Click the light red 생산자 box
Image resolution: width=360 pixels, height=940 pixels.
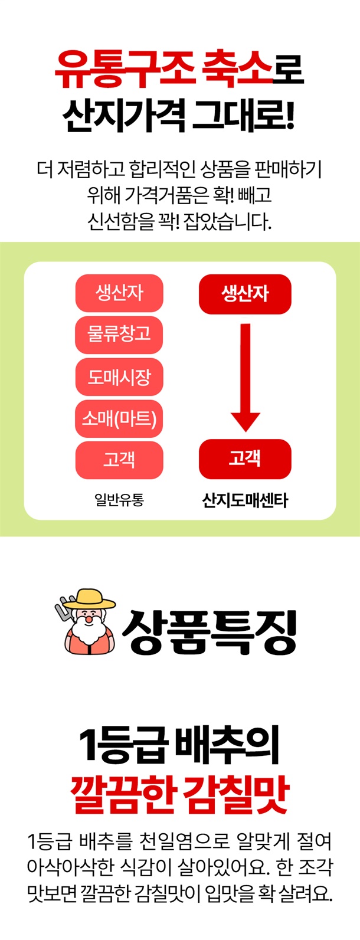(119, 293)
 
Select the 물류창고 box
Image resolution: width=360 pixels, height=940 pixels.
(119, 335)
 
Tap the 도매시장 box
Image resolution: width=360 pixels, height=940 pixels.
(119, 376)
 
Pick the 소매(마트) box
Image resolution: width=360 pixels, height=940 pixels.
(119, 418)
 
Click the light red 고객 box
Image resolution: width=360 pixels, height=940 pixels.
(119, 460)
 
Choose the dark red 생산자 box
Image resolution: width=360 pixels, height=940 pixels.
(245, 294)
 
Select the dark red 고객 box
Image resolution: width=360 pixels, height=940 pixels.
(245, 458)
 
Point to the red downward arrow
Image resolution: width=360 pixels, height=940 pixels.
(246, 377)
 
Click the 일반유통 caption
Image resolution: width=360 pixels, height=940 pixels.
(119, 500)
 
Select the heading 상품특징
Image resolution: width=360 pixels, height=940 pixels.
(209, 633)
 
